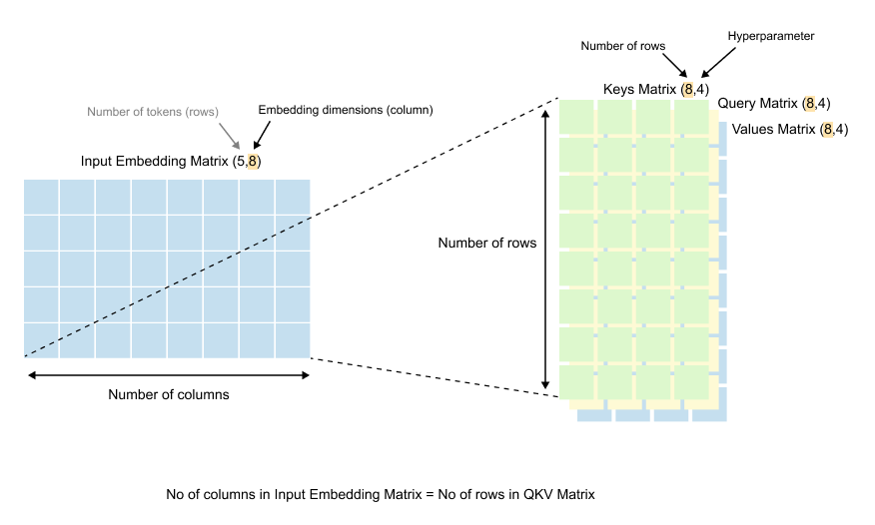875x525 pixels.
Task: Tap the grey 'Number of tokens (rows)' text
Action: (152, 111)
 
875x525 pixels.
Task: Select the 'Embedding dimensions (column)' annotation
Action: (345, 111)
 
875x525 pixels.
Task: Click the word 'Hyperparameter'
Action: (771, 36)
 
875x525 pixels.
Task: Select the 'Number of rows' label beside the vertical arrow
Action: (487, 243)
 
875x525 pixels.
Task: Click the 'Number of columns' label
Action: (168, 394)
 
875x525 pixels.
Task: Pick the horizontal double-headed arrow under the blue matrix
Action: (168, 375)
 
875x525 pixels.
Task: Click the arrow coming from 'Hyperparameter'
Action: (719, 61)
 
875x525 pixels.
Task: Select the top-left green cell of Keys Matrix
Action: (577, 117)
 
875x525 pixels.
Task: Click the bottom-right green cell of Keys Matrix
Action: (690, 382)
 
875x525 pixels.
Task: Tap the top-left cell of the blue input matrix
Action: (42, 197)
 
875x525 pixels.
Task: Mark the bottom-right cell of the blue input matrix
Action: (292, 340)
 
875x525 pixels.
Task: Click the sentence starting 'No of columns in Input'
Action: (380, 495)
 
